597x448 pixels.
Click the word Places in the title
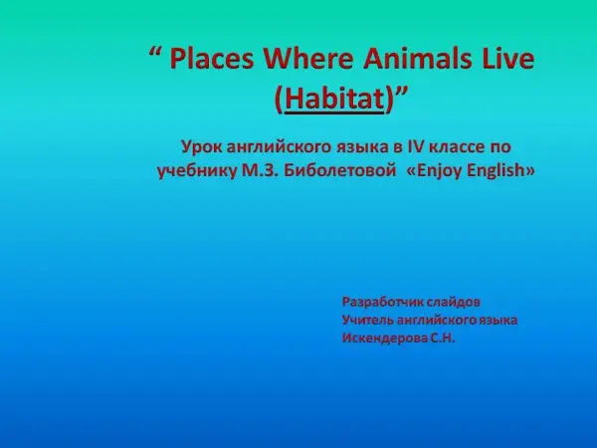tap(211, 59)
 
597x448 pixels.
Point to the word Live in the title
tap(507, 59)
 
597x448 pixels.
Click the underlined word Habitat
tap(334, 99)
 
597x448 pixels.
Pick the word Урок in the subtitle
tap(201, 147)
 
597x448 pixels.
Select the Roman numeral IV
tap(415, 146)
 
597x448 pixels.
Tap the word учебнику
tap(197, 171)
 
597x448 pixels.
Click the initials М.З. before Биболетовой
tap(261, 170)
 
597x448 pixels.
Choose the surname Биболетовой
tap(340, 170)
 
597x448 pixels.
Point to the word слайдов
tap(454, 302)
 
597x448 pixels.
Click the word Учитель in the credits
tap(367, 320)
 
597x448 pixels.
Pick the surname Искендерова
tap(384, 338)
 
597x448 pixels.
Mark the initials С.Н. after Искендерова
tap(443, 337)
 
